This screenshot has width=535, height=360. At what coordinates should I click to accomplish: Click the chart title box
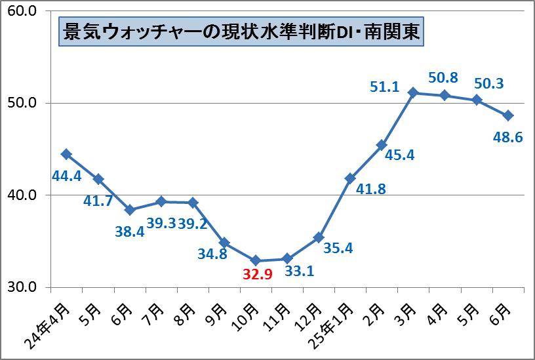240,31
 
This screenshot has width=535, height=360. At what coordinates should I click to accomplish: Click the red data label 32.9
258,275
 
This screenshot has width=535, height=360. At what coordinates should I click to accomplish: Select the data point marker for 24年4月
66,154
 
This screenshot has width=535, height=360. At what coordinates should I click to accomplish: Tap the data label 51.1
385,87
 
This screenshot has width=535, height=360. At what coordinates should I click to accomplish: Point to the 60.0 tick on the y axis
22,11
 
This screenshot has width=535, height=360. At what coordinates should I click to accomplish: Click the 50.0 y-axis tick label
22,104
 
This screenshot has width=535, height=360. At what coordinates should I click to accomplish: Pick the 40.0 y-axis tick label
22,195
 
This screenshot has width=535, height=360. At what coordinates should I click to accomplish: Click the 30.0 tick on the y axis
22,287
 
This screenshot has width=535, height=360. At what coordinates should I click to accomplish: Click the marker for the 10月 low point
256,260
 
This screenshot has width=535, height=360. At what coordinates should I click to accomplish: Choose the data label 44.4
66,176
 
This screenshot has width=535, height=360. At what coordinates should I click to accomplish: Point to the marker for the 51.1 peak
413,92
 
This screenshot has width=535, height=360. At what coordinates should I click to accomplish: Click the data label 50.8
443,78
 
